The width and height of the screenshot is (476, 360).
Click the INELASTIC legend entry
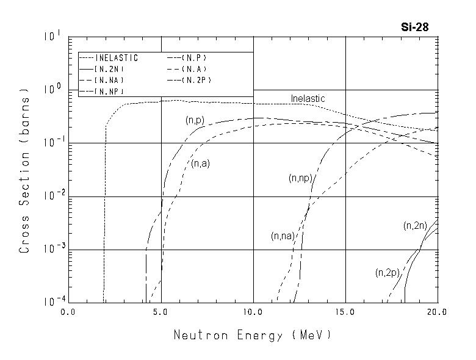[x=117, y=58]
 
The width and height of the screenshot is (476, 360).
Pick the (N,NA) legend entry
[x=110, y=80]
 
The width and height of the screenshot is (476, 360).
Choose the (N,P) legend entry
[x=198, y=58]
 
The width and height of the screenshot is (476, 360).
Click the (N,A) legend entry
[x=198, y=69]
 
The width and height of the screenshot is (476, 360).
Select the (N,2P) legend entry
[x=200, y=80]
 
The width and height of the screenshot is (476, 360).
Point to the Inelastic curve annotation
[x=308, y=98]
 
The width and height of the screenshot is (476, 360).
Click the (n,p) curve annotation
[x=195, y=121]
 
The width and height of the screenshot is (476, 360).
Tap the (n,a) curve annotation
[x=200, y=164]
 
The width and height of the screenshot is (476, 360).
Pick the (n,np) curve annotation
[x=300, y=178]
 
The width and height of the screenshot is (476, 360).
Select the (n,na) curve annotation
[x=283, y=236]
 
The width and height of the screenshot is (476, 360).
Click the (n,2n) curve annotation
[x=416, y=226]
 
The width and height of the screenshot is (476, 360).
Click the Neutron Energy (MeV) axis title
[x=253, y=335]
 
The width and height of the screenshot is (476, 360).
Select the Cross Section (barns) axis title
[x=25, y=170]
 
